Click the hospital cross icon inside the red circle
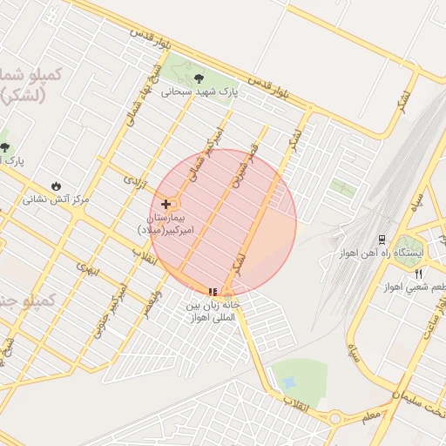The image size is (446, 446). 166,204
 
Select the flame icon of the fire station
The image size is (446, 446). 57,186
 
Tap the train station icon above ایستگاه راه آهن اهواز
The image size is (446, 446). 382,239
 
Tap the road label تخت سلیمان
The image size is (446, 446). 422,400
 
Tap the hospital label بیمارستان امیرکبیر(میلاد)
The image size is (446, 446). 170,223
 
